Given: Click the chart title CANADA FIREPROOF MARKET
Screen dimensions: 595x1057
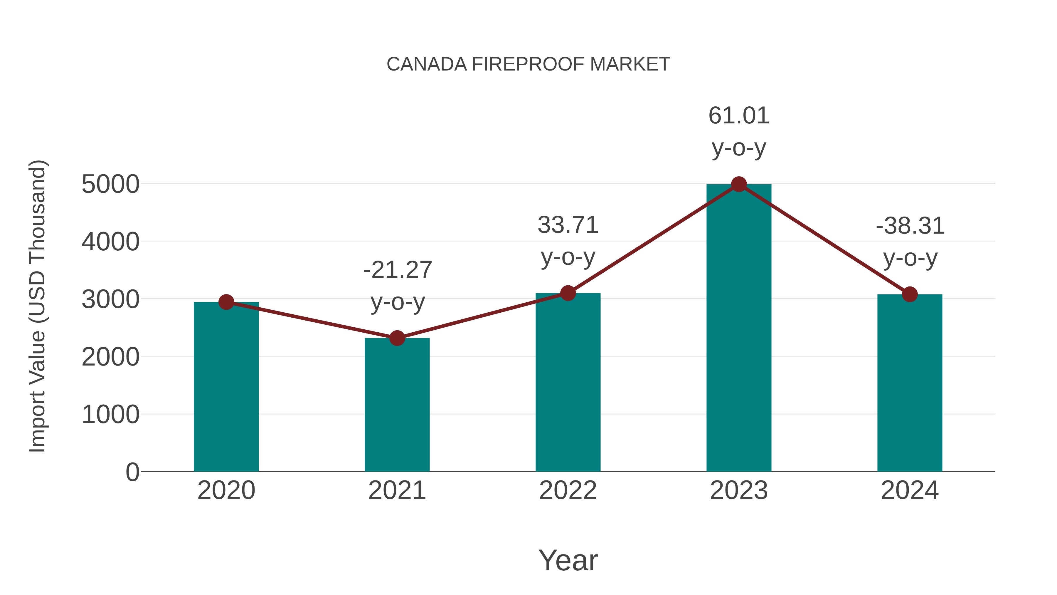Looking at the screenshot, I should [x=528, y=64].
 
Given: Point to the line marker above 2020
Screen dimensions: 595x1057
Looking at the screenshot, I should [x=226, y=302].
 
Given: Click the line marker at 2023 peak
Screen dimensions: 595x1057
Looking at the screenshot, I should [x=739, y=184].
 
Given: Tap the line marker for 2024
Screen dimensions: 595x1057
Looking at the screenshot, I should [x=910, y=294].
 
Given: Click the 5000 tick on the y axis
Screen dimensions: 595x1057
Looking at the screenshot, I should [x=110, y=184].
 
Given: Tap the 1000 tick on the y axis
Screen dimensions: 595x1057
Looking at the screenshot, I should [x=110, y=415].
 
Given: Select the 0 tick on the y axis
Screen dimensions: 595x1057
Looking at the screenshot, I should [x=132, y=472].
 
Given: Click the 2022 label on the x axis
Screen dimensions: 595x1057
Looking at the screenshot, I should [x=568, y=490].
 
